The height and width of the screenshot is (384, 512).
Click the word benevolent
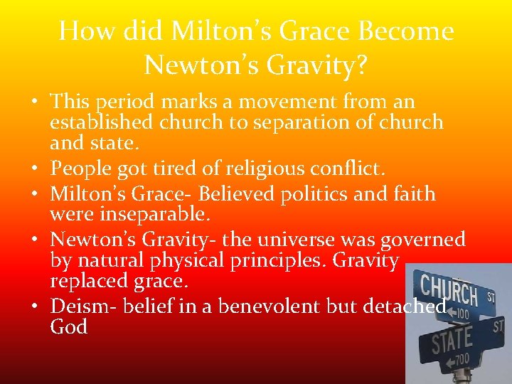254,306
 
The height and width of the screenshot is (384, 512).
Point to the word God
69,326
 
